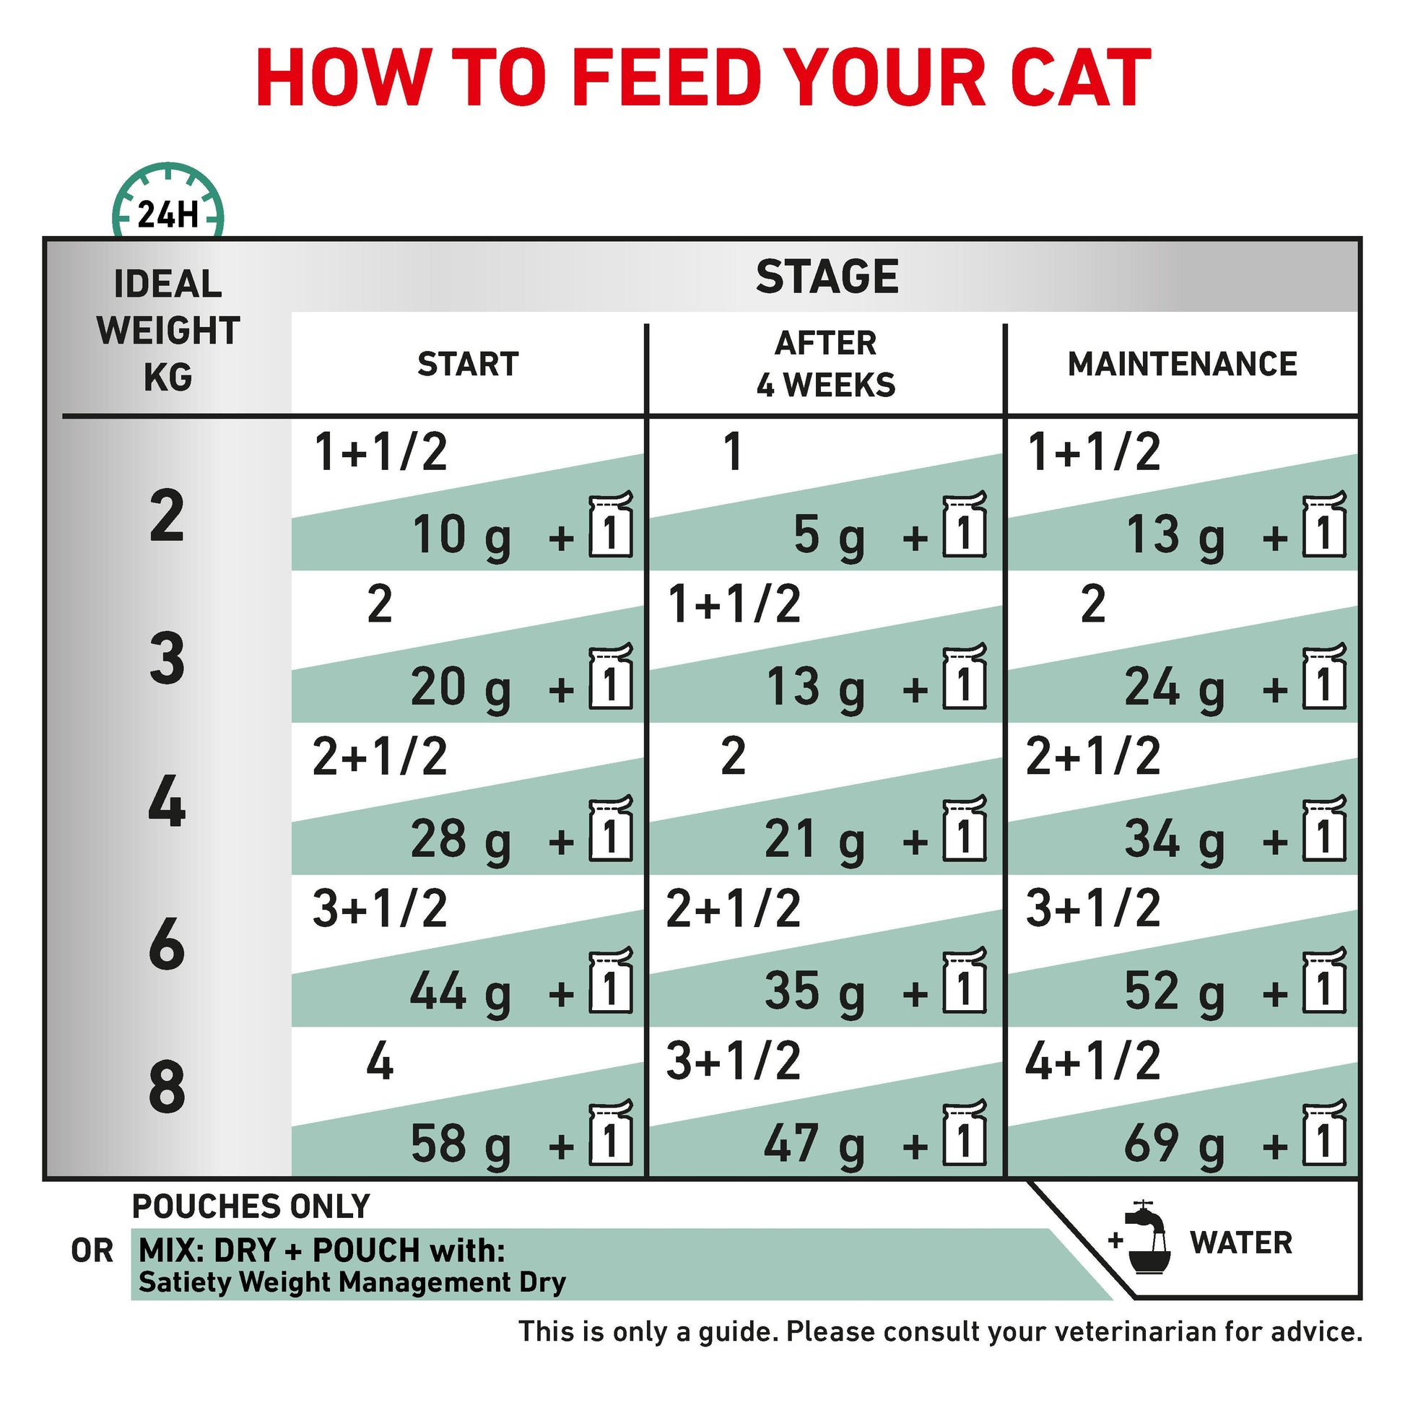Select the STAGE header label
(827, 277)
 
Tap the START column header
(468, 364)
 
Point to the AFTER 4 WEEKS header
(826, 364)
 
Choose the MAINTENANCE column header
(1182, 364)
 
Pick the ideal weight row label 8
(167, 1087)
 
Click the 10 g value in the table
(462, 537)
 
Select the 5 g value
(829, 537)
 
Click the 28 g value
(461, 841)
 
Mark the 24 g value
(1175, 690)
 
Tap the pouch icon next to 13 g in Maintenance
(1324, 524)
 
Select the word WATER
(1240, 1243)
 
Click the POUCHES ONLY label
(251, 1207)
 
